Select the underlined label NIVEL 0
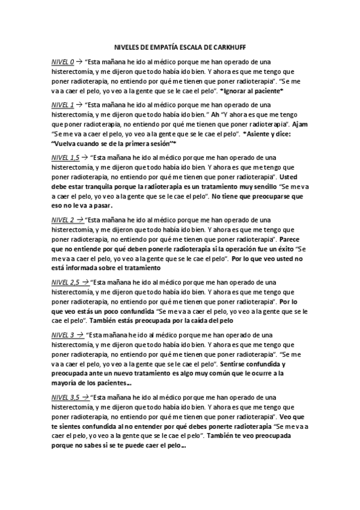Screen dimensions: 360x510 tap(63, 62)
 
